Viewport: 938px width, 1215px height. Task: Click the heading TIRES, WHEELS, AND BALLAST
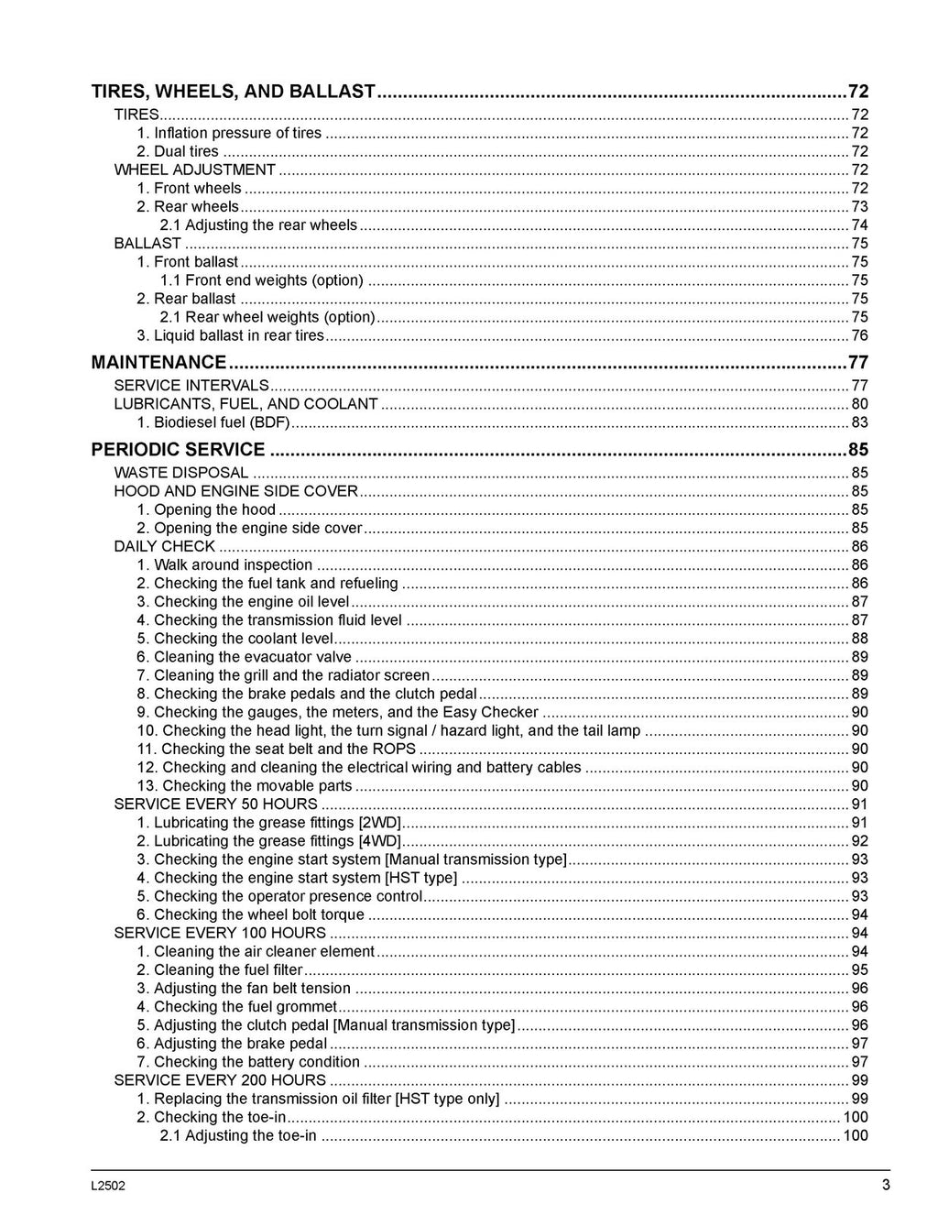(234, 92)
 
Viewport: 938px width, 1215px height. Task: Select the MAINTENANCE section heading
(158, 362)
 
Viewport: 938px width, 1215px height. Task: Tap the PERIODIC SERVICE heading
(178, 450)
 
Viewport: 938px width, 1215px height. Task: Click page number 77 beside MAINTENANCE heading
(857, 362)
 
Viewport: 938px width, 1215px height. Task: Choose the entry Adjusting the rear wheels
(258, 225)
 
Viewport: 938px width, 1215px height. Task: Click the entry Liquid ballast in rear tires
(230, 335)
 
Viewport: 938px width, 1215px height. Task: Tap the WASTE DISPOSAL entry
(180, 473)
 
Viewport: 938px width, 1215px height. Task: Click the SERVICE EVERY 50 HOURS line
(215, 805)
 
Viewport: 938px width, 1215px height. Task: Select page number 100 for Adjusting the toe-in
(856, 1135)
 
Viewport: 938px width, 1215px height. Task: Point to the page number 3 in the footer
(886, 1185)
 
